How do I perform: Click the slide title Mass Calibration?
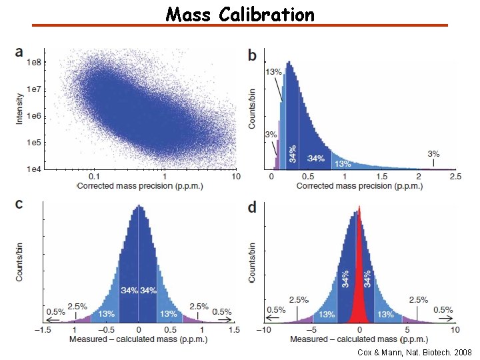pos(240,13)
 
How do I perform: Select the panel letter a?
pos(19,51)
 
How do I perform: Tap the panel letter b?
pos(252,55)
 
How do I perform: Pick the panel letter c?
pos(19,204)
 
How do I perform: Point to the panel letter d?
pos(252,207)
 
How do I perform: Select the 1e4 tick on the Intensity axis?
pos(33,169)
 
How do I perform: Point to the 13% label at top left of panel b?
pos(273,71)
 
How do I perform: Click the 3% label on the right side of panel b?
pos(433,153)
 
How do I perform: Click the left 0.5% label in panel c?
pos(55,311)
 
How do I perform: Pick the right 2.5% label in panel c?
pos(199,306)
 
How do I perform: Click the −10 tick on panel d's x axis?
pos(264,329)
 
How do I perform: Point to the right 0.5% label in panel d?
pos(443,309)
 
